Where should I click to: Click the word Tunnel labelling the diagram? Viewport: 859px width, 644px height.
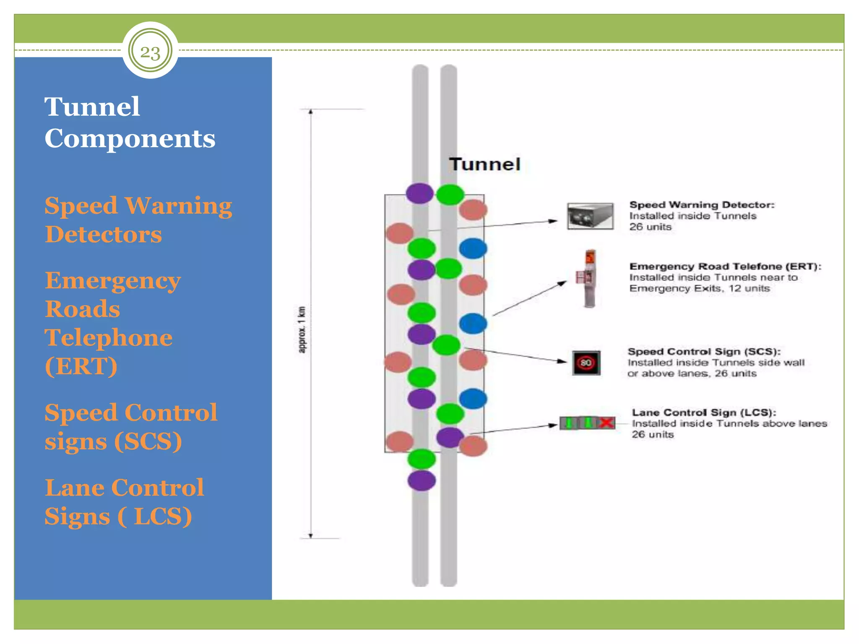484,164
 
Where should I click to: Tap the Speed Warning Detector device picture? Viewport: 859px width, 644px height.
590,216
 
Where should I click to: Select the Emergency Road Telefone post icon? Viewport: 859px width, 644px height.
589,278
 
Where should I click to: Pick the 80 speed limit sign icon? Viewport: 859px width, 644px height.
586,363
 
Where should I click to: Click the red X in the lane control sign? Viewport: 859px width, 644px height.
606,423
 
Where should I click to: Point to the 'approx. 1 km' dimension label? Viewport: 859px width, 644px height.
302,330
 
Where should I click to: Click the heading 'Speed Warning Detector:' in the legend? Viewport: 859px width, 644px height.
702,205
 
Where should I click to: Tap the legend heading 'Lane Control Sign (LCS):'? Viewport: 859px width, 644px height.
704,413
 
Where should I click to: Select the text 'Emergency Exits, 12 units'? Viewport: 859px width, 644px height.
699,288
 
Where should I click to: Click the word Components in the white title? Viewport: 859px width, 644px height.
130,138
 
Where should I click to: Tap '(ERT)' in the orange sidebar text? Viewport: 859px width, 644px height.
81,366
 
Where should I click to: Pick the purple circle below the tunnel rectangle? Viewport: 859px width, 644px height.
421,480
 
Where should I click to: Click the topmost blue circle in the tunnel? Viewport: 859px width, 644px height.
473,248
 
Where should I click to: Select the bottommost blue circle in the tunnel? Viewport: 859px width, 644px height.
473,398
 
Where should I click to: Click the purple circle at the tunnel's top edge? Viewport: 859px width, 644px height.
419,193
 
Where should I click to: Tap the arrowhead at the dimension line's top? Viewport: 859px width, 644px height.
311,112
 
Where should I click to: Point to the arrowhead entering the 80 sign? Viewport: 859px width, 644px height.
563,361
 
